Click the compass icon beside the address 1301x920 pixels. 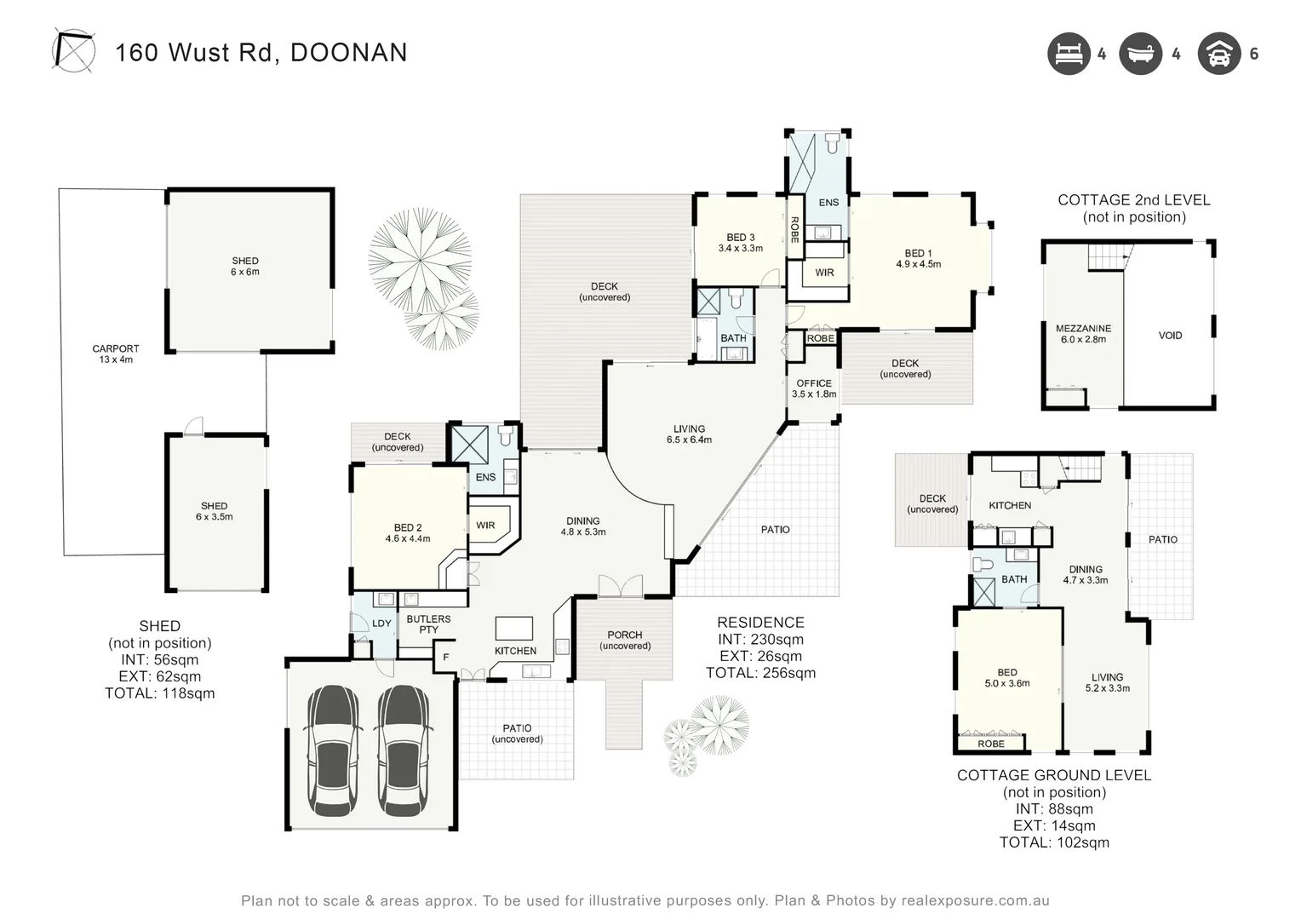pyautogui.click(x=73, y=50)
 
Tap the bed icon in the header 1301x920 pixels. pyautogui.click(x=1069, y=54)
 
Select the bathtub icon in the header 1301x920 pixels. pyautogui.click(x=1140, y=54)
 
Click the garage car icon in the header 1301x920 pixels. pyautogui.click(x=1219, y=54)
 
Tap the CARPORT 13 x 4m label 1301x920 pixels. pyautogui.click(x=116, y=354)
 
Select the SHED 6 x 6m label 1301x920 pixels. pyautogui.click(x=245, y=267)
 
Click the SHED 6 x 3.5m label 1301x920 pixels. pyautogui.click(x=215, y=511)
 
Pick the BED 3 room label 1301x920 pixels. pyautogui.click(x=740, y=243)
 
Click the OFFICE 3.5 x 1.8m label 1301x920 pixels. pyautogui.click(x=814, y=388)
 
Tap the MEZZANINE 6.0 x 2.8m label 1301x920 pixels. pyautogui.click(x=1083, y=333)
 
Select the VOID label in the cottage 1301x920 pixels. pyautogui.click(x=1170, y=336)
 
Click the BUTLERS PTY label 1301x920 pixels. pyautogui.click(x=428, y=624)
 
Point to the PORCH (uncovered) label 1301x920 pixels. pyautogui.click(x=625, y=640)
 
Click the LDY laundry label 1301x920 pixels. pyautogui.click(x=381, y=624)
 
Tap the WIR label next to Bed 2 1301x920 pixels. pyautogui.click(x=485, y=526)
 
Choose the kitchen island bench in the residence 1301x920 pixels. pyautogui.click(x=514, y=629)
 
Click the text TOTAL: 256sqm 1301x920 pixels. pyautogui.click(x=760, y=673)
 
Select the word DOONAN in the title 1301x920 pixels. pyautogui.click(x=349, y=53)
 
